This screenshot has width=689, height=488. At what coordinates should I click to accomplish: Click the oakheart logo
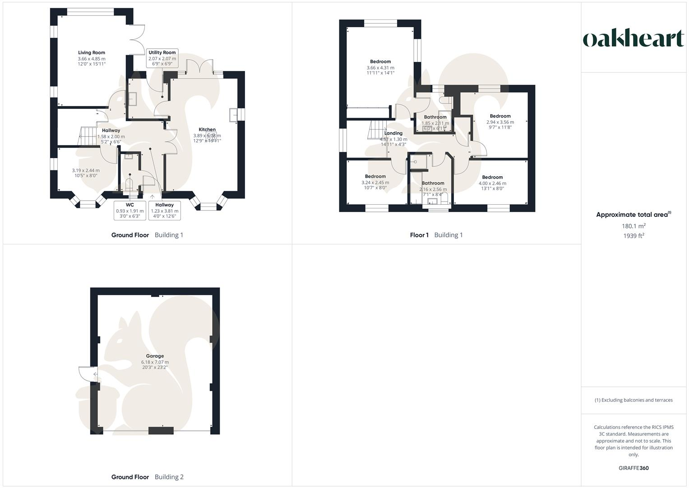coord(633,39)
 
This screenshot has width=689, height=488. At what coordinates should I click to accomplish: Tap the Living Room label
coord(92,53)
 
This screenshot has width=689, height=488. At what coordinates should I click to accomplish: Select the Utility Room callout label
coord(162,58)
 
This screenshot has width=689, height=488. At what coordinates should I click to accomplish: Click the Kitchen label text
coord(207,130)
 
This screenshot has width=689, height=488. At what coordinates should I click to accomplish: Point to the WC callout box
coord(130,211)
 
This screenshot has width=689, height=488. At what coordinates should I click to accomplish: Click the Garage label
coord(155,356)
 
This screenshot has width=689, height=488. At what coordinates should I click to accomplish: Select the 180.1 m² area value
coord(634,226)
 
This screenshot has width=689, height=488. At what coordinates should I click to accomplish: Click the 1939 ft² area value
coord(634,236)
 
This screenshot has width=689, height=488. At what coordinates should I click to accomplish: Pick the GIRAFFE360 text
coord(634,468)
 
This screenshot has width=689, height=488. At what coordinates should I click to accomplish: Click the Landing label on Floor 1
coord(393,133)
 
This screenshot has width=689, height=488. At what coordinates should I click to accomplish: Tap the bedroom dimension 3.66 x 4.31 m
coord(380,68)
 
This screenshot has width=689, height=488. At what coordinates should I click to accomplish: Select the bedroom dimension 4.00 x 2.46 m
coord(492,183)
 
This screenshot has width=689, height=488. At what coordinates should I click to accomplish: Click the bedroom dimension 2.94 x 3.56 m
coord(500,122)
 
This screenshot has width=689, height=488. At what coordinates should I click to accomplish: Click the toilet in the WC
coord(129,184)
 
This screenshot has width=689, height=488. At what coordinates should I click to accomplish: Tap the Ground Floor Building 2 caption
coord(148,477)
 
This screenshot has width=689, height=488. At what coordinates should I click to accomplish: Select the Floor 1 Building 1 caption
coord(436,235)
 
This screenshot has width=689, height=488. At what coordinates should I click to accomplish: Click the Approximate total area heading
coord(634,215)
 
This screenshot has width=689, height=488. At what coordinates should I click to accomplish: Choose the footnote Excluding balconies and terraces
coord(634,400)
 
